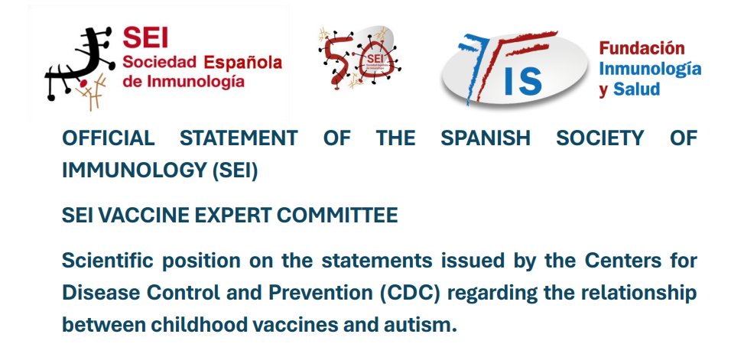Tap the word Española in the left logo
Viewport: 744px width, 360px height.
click(x=241, y=62)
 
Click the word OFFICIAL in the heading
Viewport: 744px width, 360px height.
click(x=108, y=138)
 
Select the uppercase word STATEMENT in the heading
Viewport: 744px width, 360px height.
click(x=239, y=138)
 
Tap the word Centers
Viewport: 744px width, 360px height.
click(x=632, y=261)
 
